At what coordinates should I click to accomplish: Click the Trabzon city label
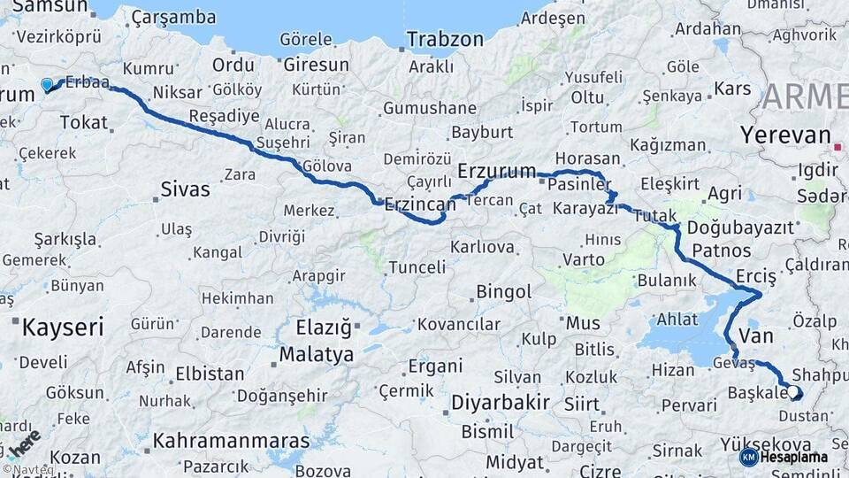[x=446, y=40]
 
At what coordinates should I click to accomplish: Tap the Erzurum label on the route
[x=497, y=171]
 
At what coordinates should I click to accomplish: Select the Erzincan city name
[x=420, y=204]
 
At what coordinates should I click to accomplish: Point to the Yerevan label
[x=785, y=135]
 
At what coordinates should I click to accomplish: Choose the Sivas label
[x=186, y=189]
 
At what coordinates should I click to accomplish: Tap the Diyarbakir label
[x=501, y=403]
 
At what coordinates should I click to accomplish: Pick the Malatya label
[x=317, y=354]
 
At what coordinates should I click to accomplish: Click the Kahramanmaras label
[x=232, y=440]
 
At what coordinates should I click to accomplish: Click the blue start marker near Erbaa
[x=47, y=85]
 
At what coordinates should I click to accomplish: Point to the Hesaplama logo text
[x=794, y=457]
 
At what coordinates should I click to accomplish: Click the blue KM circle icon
[x=748, y=457]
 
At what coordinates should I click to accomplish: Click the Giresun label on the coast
[x=316, y=65]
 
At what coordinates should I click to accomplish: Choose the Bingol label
[x=504, y=291]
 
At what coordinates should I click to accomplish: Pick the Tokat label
[x=84, y=122]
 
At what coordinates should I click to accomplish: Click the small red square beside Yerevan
[x=837, y=146]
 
